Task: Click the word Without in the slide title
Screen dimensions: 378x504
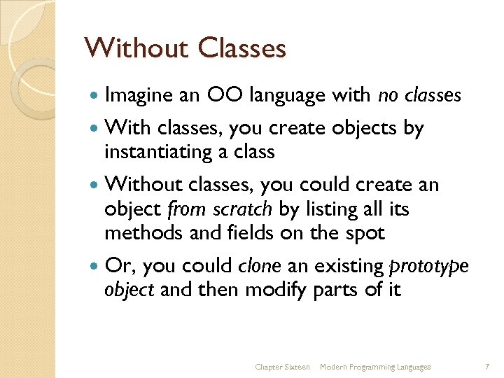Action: pyautogui.click(x=136, y=49)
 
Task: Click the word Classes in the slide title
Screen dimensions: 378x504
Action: pyautogui.click(x=242, y=49)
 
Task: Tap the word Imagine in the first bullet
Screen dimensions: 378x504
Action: pyautogui.click(x=139, y=95)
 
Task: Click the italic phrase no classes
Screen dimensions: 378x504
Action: pyautogui.click(x=419, y=94)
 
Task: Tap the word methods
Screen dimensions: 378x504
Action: pyautogui.click(x=145, y=232)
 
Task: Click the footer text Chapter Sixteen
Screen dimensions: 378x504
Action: pyautogui.click(x=282, y=367)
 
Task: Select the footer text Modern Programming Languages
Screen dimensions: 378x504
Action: pyautogui.click(x=375, y=367)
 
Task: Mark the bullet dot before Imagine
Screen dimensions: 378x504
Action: pyautogui.click(x=94, y=96)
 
